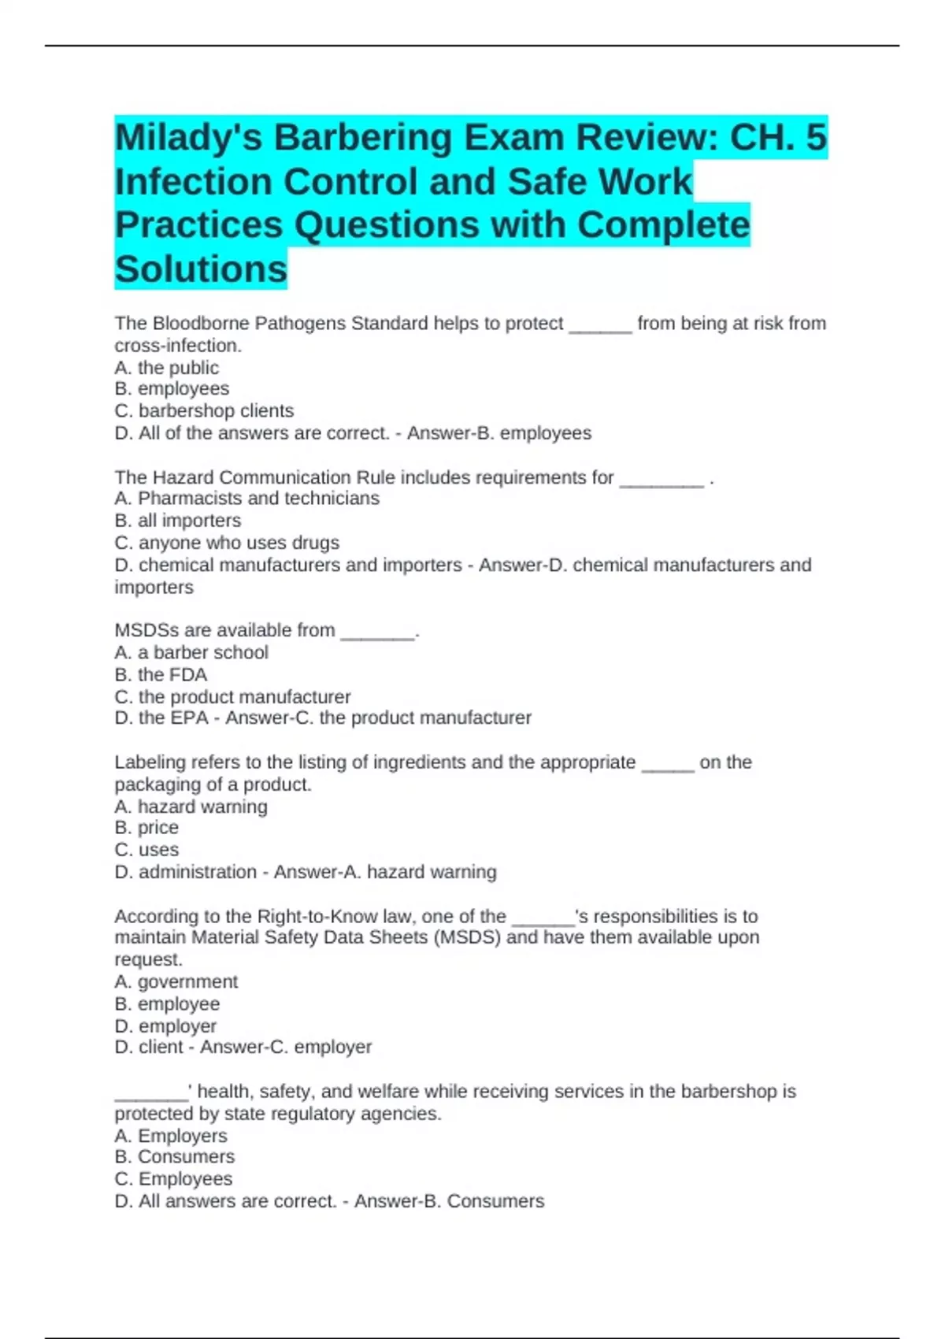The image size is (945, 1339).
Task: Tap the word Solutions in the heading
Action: coord(201,269)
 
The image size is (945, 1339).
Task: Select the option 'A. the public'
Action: coord(167,368)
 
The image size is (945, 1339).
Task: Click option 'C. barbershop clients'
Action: coord(204,411)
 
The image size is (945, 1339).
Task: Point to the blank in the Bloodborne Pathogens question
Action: coord(600,325)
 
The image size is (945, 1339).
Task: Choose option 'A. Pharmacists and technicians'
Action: coord(246,499)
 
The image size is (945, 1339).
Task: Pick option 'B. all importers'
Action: coord(178,521)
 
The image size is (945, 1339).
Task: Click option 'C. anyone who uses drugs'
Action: coord(227,543)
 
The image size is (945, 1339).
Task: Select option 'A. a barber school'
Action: coord(191,652)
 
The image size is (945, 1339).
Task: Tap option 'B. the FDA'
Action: coord(161,675)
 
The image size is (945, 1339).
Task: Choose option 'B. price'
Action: coord(146,828)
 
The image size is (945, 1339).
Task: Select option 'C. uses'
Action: coord(146,850)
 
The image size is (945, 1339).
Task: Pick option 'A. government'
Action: coord(176,982)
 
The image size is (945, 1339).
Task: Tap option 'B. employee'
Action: coord(167,1004)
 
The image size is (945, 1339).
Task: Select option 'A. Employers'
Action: coord(171,1136)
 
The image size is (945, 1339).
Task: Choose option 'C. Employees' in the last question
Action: coord(173,1179)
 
